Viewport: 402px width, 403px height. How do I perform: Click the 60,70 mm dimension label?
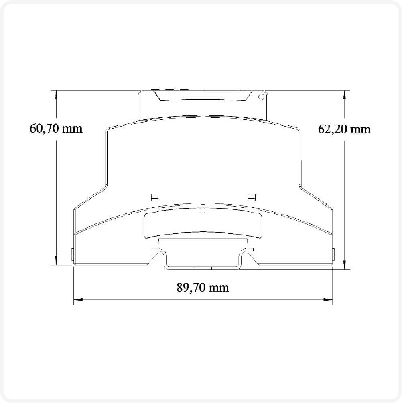(x=56, y=129)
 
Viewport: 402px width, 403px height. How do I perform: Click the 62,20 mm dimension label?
(x=344, y=129)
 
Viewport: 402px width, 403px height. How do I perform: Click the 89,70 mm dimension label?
(x=203, y=287)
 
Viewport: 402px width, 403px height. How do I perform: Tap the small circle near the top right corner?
(x=261, y=97)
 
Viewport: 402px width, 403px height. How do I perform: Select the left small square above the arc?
(x=154, y=197)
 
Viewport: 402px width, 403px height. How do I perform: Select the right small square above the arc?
(x=251, y=197)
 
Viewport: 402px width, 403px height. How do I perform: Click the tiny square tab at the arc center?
(x=203, y=210)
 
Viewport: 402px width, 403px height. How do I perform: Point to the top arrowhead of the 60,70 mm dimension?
(x=56, y=95)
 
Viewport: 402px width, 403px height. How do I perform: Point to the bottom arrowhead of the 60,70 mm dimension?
(x=56, y=260)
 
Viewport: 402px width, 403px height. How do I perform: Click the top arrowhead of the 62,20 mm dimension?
(x=345, y=95)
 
